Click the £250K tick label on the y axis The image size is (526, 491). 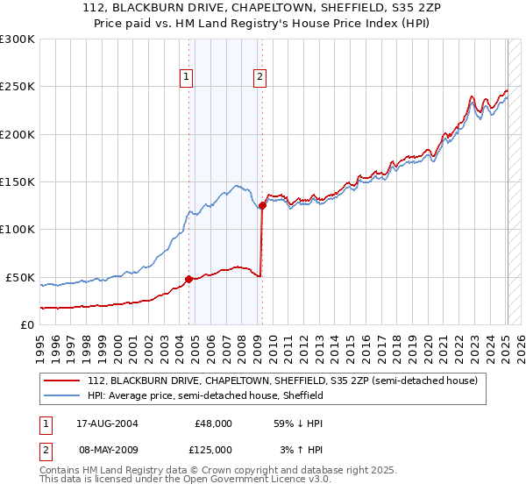click(17, 87)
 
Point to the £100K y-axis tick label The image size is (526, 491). click(17, 230)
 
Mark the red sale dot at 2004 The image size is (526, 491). click(188, 279)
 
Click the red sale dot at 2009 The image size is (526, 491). click(262, 205)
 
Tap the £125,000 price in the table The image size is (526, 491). click(213, 449)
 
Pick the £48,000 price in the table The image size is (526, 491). click(213, 423)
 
